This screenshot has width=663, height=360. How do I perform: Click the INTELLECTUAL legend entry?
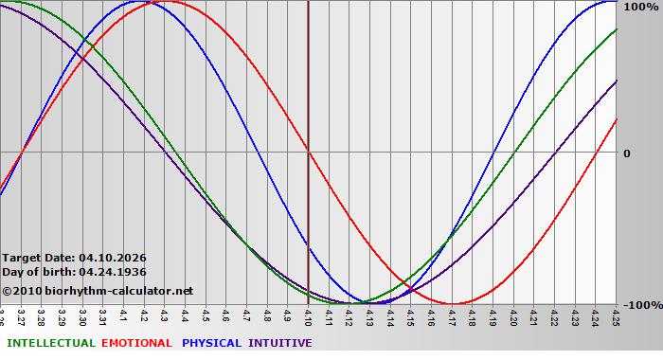click(x=50, y=343)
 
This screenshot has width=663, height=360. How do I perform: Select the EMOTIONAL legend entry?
click(x=136, y=343)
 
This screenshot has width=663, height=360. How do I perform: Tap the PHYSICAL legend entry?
click(x=211, y=343)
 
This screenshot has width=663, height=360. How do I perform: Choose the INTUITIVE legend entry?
click(x=279, y=343)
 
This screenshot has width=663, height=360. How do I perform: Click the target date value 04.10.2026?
click(x=113, y=258)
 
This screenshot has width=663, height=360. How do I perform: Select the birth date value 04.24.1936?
click(x=113, y=272)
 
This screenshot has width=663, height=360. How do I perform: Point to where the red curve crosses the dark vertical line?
click(x=309, y=152)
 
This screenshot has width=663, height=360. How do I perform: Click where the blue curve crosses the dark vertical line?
click(x=309, y=248)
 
